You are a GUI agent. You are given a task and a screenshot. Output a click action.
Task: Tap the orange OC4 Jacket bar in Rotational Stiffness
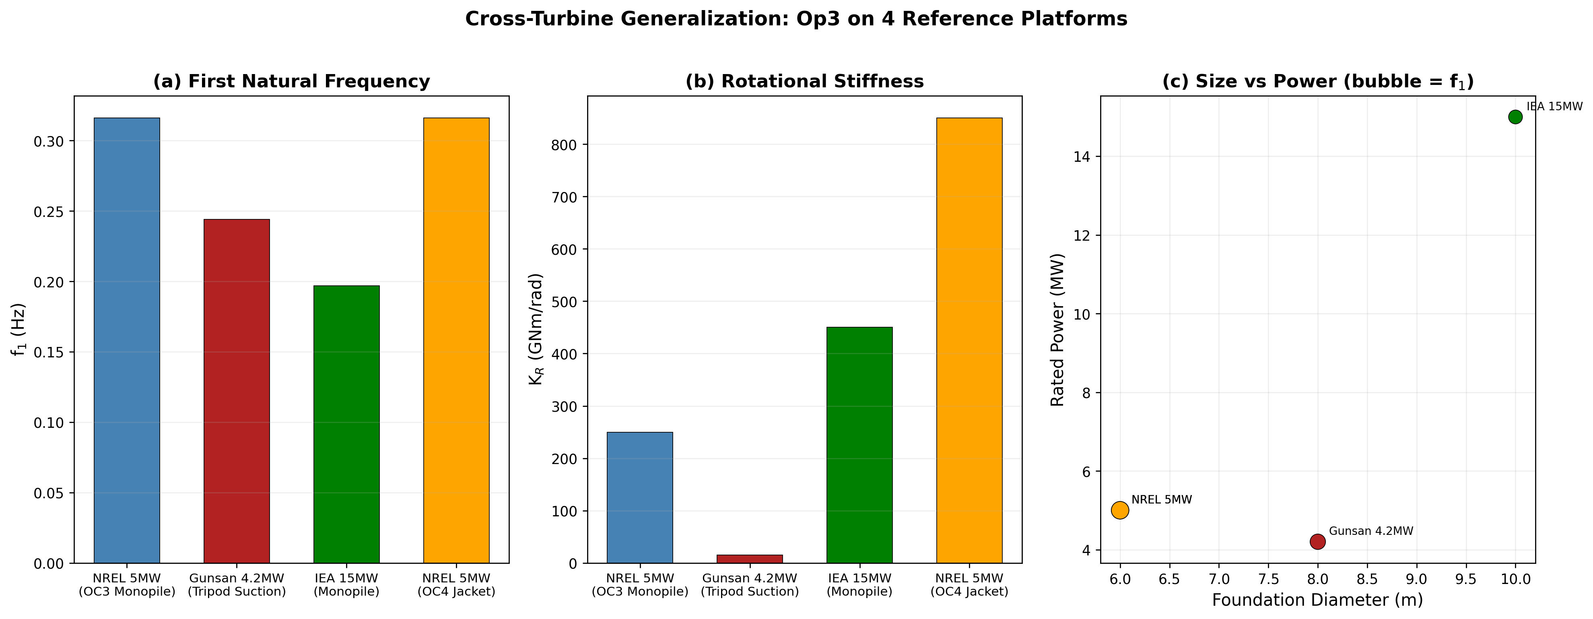[969, 340]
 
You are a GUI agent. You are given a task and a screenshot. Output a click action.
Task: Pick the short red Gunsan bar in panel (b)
[750, 558]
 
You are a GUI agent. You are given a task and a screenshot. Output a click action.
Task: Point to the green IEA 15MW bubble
[1515, 117]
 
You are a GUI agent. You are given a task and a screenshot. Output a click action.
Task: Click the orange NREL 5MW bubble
[1120, 510]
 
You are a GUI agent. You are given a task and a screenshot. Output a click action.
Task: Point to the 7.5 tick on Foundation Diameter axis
[1268, 580]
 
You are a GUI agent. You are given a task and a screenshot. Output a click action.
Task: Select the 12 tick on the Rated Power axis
[1083, 235]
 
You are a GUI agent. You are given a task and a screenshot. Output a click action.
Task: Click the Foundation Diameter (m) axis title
[1317, 600]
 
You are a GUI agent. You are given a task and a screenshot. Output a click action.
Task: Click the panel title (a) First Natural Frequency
[291, 82]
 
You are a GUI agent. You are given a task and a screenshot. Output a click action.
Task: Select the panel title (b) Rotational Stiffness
[804, 82]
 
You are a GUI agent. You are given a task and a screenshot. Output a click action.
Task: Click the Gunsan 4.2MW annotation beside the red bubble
[1371, 531]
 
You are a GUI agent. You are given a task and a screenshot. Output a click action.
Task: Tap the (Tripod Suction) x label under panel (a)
[237, 592]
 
